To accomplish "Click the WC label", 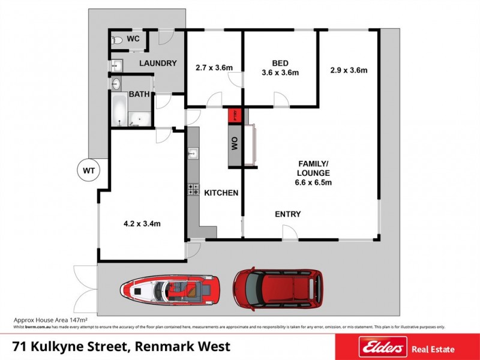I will pyautogui.click(x=133, y=39).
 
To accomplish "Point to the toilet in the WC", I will pyautogui.click(x=118, y=40).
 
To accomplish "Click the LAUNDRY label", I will pyautogui.click(x=158, y=64).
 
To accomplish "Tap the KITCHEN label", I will pyautogui.click(x=221, y=193).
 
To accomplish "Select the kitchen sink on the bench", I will pyautogui.click(x=192, y=154).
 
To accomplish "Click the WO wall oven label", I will pyautogui.click(x=235, y=143).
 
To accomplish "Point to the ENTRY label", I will pyautogui.click(x=287, y=214).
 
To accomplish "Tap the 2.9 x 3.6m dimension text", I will pyautogui.click(x=349, y=70).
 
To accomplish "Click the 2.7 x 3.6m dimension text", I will pyautogui.click(x=214, y=68).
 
